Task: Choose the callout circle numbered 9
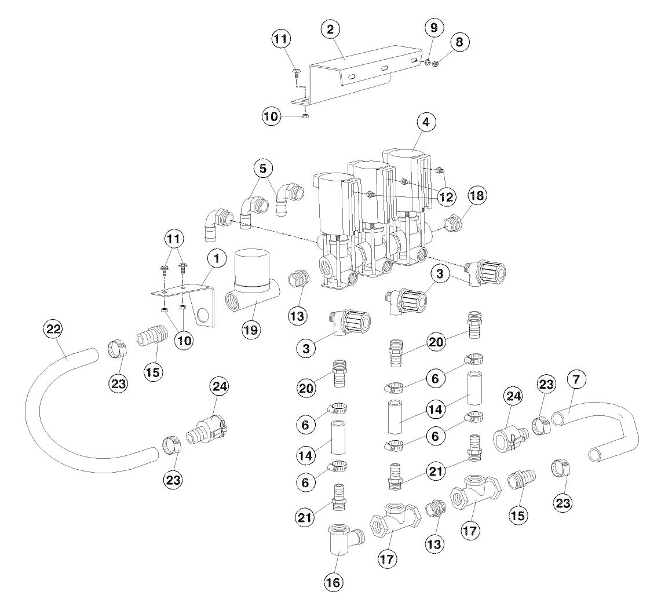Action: click(x=434, y=27)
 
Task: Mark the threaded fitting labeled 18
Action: click(x=454, y=224)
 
